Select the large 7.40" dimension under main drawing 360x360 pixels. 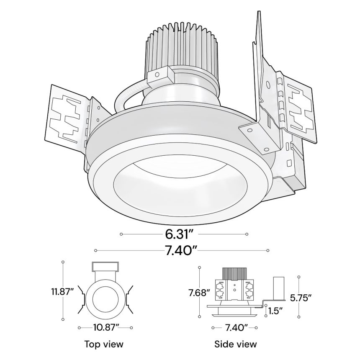coord(180,250)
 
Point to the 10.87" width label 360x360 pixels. coord(105,326)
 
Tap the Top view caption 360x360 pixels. coord(104,345)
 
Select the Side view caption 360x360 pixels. coord(235,345)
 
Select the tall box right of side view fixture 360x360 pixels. coord(279,288)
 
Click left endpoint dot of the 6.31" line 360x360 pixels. coord(121,234)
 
